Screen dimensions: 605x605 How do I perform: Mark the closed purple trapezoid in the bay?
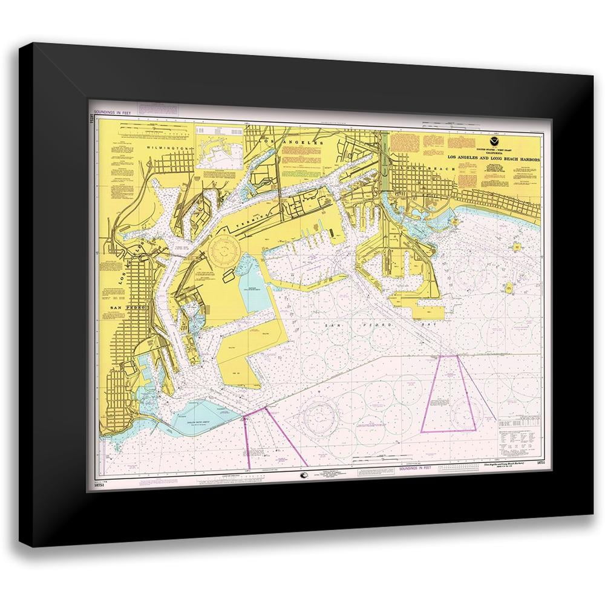coord(448,393)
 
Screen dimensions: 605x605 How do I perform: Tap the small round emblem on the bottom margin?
coord(302,476)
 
